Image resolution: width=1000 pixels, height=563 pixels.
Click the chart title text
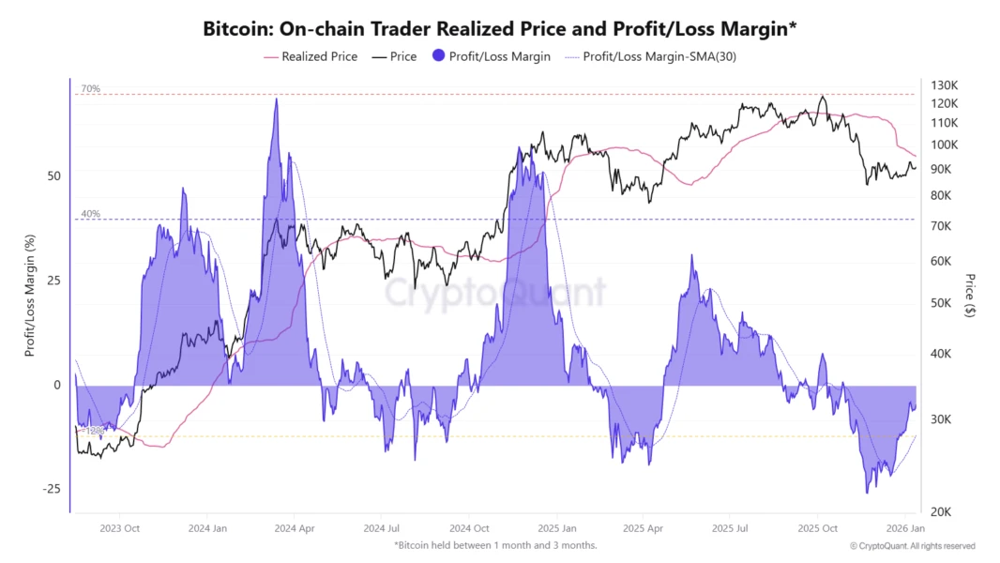pyautogui.click(x=499, y=29)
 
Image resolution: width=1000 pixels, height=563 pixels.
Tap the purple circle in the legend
pyautogui.click(x=440, y=56)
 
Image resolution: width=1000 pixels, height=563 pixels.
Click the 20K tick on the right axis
pyautogui.click(x=941, y=512)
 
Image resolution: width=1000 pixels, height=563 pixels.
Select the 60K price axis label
pyautogui.click(x=941, y=261)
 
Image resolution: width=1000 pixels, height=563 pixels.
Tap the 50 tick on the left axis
pyautogui.click(x=54, y=176)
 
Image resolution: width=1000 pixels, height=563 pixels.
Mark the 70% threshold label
pyautogui.click(x=90, y=89)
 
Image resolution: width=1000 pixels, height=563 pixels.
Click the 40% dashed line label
pyautogui.click(x=90, y=214)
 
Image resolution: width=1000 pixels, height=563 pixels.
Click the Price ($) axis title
pyautogui.click(x=969, y=296)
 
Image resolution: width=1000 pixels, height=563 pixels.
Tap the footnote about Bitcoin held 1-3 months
pyautogui.click(x=495, y=545)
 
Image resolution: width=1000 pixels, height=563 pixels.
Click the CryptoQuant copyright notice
pyautogui.click(x=912, y=545)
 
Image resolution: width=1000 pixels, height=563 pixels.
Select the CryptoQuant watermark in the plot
pyautogui.click(x=495, y=293)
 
